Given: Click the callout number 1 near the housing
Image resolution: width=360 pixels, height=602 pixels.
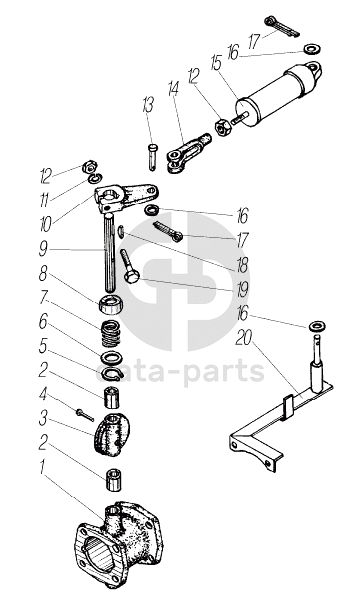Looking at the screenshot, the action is click(x=42, y=468).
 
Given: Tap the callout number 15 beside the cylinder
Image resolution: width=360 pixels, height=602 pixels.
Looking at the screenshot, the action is click(x=216, y=63).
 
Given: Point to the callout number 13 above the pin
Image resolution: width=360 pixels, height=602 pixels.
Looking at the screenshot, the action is click(x=148, y=105).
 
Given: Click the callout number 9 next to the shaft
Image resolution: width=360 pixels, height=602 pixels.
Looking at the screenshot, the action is click(x=43, y=250).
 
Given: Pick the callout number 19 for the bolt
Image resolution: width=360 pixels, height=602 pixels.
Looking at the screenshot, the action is click(x=242, y=289).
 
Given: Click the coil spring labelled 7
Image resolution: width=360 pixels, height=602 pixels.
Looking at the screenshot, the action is click(x=110, y=331).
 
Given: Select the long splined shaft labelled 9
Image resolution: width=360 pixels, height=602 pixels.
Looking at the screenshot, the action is click(x=109, y=253).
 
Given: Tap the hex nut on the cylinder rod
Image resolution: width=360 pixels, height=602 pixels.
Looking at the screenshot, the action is click(x=222, y=127).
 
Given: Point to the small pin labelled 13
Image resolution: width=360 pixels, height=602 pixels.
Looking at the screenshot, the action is click(x=152, y=156).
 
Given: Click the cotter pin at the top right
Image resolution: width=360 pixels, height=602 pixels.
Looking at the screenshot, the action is click(x=281, y=27).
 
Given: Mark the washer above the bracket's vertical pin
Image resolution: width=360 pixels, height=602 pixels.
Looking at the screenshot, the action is click(x=317, y=327).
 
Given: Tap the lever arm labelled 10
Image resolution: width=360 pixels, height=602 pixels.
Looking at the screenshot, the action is click(x=125, y=197).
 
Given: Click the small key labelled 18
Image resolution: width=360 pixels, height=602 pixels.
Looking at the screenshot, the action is click(x=121, y=232).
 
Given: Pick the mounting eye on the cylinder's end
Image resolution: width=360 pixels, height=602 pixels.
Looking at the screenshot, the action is click(x=314, y=70).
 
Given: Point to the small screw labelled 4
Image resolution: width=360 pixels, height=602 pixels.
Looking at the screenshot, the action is click(x=85, y=415).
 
